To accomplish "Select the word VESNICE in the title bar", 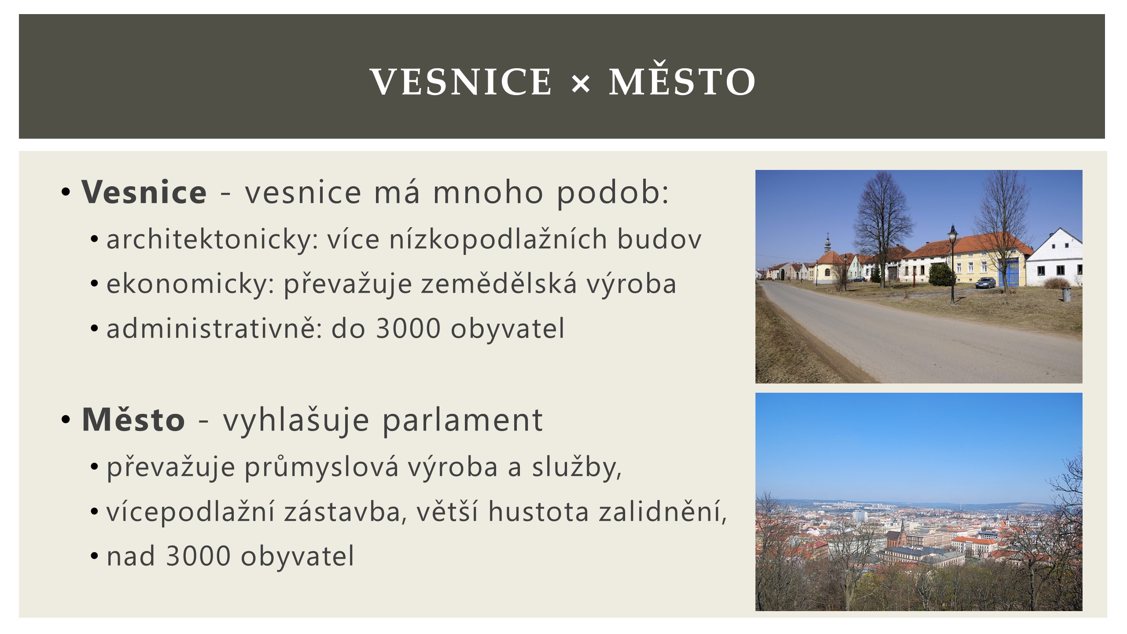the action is [461, 82].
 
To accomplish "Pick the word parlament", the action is [462, 420].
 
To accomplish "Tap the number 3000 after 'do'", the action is [408, 328].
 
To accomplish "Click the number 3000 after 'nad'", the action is [198, 556].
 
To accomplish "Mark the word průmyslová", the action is [321, 468].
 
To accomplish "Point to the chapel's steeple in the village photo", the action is [827, 241].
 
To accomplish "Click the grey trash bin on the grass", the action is [1067, 295].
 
